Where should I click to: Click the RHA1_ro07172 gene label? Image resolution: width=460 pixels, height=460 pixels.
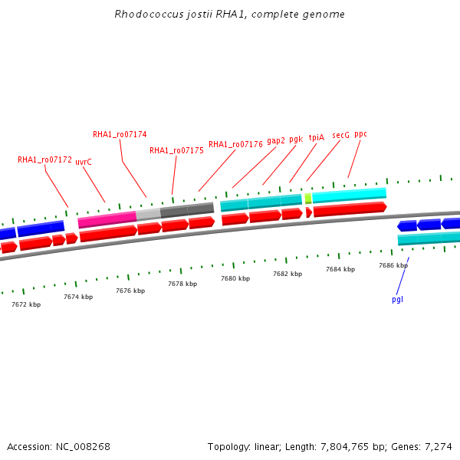pos(44,160)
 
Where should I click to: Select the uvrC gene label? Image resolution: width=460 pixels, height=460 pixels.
pos(84,163)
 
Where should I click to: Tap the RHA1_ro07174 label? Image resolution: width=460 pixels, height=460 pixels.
pos(120,134)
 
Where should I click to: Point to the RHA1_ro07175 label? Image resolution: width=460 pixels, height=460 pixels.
pos(176,151)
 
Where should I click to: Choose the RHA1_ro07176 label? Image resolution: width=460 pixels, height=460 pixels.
pos(235,144)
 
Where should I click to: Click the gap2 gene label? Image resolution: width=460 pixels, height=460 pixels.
pos(276,140)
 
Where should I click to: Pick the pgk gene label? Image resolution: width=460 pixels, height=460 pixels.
pos(296,140)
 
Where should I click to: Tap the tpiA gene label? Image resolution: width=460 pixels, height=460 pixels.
pos(317,138)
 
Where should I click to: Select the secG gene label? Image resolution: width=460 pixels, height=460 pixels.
pos(340,135)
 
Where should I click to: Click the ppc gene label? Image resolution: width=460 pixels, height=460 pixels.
pos(360,134)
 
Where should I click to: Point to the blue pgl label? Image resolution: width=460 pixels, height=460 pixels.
pos(397,299)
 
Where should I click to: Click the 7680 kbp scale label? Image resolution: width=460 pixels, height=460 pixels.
pos(235,278)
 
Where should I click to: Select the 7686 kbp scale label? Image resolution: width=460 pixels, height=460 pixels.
pos(393,265)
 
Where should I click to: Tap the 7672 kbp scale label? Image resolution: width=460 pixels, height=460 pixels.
pos(26,304)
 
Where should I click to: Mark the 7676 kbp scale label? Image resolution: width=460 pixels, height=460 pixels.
pos(130,291)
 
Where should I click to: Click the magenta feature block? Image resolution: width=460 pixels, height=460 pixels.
pos(107,220)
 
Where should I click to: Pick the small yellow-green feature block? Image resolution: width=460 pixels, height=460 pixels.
pos(308,199)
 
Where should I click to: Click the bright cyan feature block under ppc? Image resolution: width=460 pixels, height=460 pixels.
pos(349,195)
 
